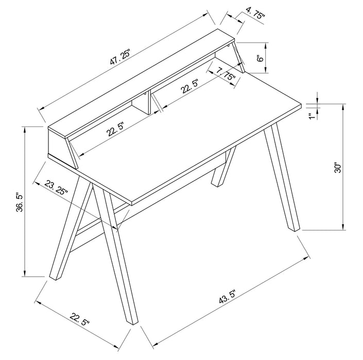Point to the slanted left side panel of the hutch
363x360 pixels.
[x=73, y=152]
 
